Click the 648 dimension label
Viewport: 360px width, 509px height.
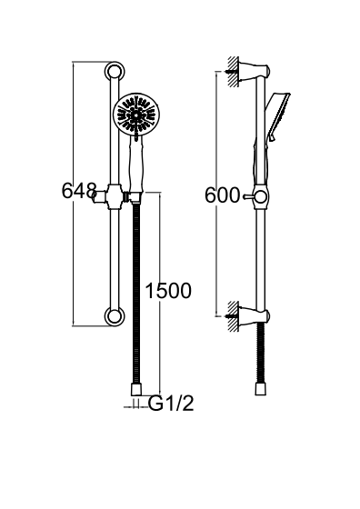click(x=79, y=191)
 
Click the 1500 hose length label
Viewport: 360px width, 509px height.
click(x=168, y=291)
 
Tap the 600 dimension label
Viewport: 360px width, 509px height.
click(x=222, y=195)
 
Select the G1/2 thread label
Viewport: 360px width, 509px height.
click(x=171, y=404)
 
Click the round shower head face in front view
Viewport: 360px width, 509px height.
click(x=136, y=115)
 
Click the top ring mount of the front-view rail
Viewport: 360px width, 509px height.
click(x=115, y=72)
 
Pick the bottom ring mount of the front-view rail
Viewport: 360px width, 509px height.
click(x=115, y=316)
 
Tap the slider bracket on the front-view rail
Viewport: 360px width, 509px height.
click(x=115, y=196)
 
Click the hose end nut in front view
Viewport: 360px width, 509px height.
click(x=136, y=390)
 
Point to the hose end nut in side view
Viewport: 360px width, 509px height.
click(x=261, y=389)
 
